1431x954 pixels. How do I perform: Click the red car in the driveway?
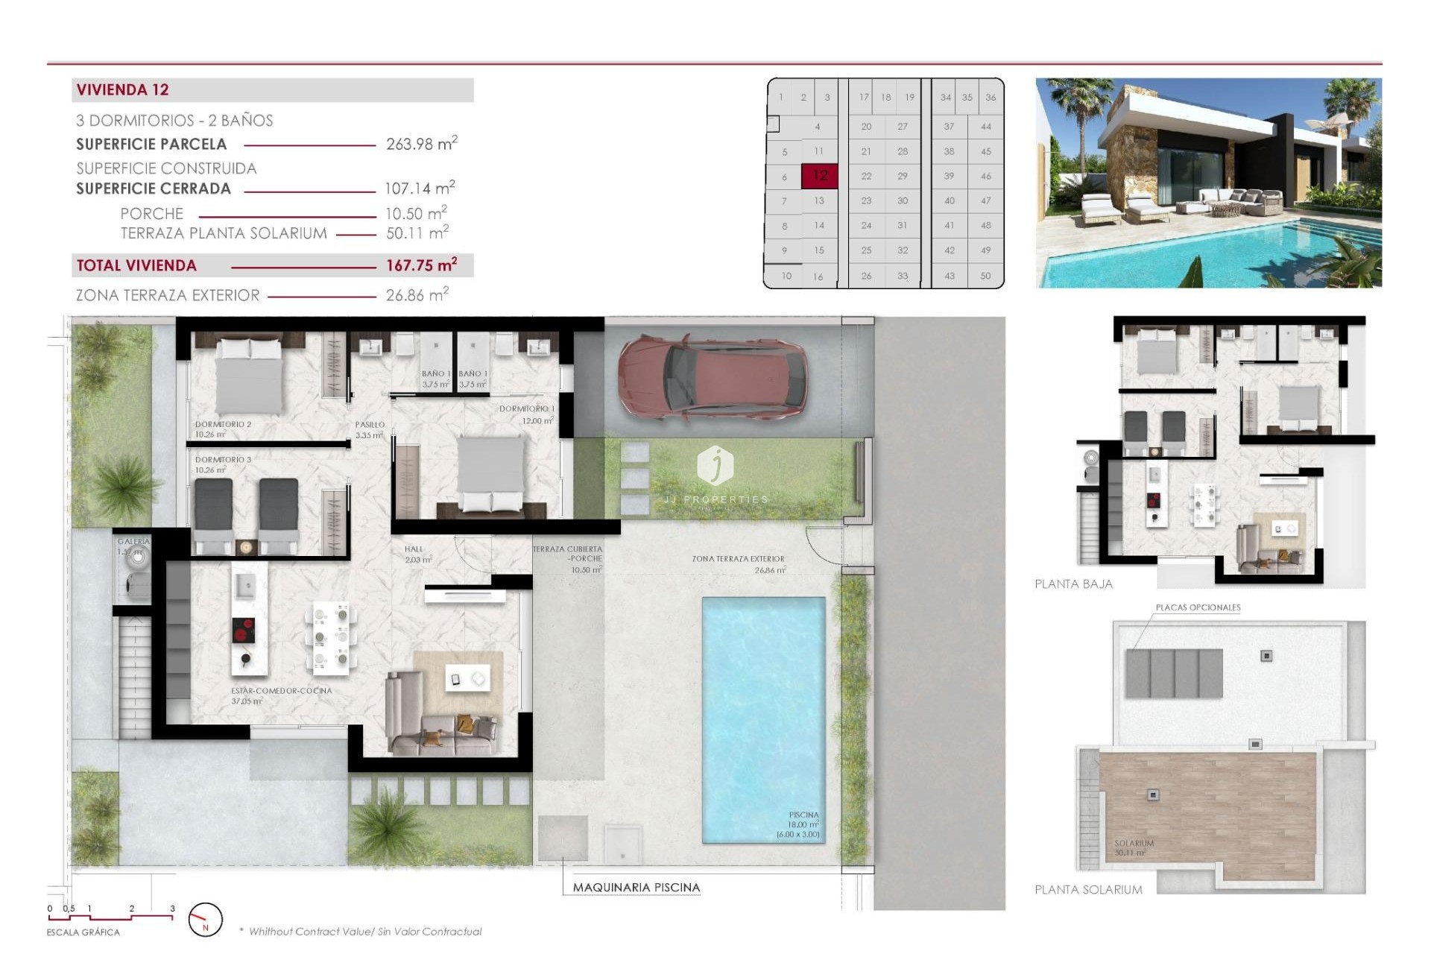[x=712, y=376]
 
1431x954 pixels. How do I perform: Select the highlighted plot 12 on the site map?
[x=819, y=176]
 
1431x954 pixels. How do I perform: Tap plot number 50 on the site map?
[x=985, y=276]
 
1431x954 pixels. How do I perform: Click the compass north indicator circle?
[x=205, y=920]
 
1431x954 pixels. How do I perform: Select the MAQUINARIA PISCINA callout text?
[x=636, y=888]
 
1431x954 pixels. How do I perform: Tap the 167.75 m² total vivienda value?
[x=421, y=265]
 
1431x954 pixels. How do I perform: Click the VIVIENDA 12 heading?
[x=123, y=90]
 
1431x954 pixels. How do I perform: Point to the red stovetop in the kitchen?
[x=243, y=631]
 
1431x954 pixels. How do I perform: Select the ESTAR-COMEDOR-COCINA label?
[x=281, y=691]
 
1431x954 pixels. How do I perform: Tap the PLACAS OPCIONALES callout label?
[x=1198, y=607]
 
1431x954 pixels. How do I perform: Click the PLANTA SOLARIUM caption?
[x=1087, y=889]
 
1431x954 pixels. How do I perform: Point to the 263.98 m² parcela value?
[x=421, y=144]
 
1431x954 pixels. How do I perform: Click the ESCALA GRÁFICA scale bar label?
[x=83, y=932]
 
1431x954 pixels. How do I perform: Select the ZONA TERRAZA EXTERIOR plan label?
[x=738, y=559]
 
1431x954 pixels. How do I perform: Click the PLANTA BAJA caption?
[x=1073, y=584]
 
